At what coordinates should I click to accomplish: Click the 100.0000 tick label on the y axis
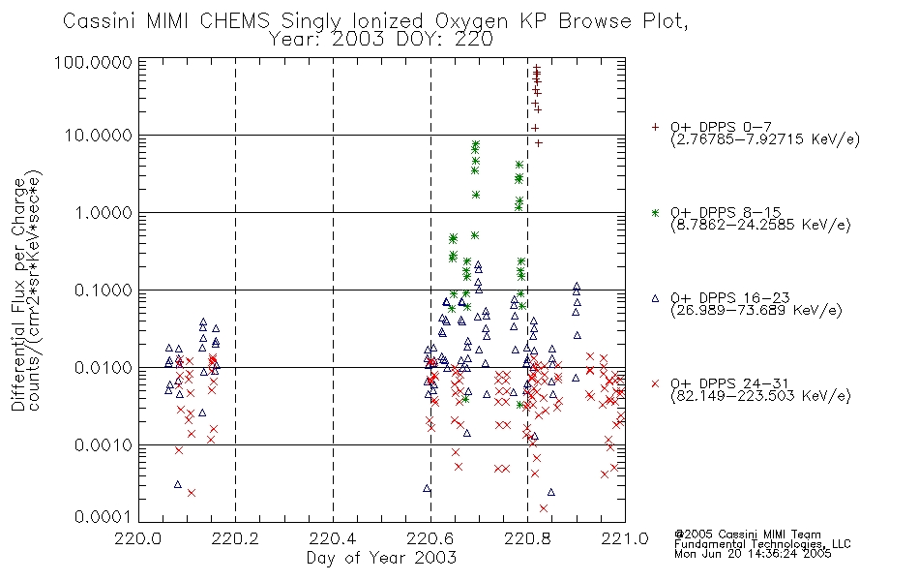pos(93,62)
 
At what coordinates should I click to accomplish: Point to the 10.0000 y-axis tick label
pos(99,136)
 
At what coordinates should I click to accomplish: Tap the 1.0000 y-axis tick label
pos(104,212)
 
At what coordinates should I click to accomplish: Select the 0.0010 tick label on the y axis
pos(104,445)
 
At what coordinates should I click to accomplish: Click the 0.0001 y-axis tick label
pos(104,517)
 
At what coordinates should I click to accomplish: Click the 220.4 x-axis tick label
pos(333,538)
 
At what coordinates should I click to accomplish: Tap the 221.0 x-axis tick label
pos(625,538)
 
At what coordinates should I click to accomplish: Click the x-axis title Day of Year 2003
pos(381,558)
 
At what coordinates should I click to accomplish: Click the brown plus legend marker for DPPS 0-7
pos(655,127)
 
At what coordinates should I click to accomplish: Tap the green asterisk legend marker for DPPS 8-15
pos(655,212)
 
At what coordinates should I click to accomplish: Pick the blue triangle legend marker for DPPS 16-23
pos(655,298)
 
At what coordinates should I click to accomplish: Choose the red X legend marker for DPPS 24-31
pos(655,383)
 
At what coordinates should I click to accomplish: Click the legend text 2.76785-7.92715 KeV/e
pos(765,139)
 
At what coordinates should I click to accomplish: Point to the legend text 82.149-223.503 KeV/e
pos(760,396)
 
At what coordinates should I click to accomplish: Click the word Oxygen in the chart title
pos(471,21)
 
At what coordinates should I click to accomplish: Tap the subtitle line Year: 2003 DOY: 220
pos(380,40)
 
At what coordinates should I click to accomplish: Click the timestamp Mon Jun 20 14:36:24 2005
pos(753,554)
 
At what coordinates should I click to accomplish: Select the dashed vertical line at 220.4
pos(334,290)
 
